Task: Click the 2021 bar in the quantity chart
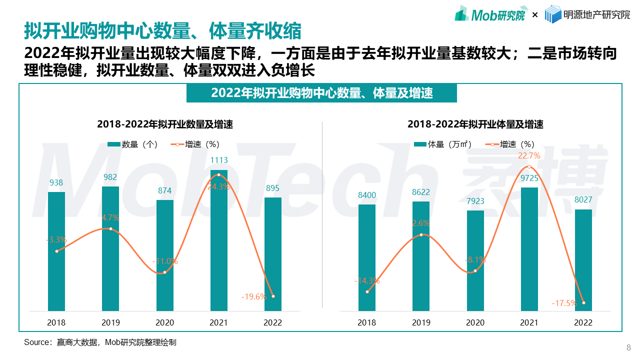(219, 240)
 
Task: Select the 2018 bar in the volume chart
(367, 257)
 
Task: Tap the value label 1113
(219, 160)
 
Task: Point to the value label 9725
(529, 178)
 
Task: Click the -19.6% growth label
(254, 296)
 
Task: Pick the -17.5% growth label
(564, 303)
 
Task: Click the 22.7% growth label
(529, 156)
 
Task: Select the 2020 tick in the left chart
(164, 322)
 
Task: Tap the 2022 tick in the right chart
(583, 322)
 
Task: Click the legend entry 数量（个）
(133, 144)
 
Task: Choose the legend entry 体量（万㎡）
(443, 144)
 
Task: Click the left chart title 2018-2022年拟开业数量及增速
(165, 124)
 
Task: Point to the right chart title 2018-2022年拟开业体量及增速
(475, 124)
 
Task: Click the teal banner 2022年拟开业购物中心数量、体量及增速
(321, 93)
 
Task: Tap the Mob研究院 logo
(490, 15)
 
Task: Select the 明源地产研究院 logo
(587, 15)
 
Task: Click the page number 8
(628, 348)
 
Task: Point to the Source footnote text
(100, 342)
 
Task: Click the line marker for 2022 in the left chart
(273, 296)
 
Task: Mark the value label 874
(164, 190)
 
